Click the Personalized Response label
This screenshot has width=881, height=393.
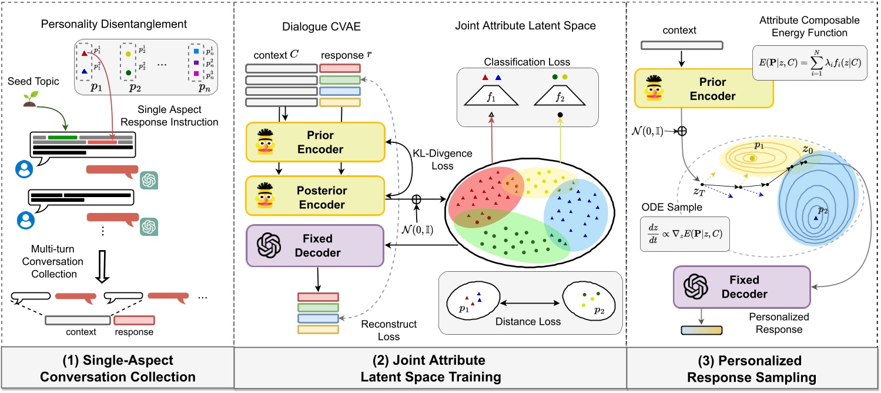tap(779, 323)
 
